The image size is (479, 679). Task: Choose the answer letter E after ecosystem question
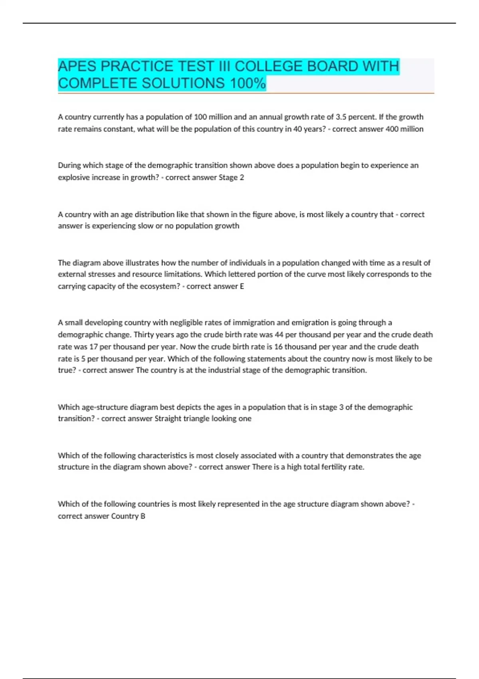tap(241, 286)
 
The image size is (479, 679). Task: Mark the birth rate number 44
tap(279, 335)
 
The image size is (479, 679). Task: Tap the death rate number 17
tap(93, 347)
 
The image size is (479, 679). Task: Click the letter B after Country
tap(143, 516)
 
